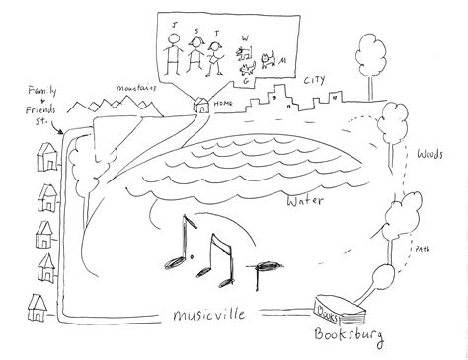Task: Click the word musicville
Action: coord(203,315)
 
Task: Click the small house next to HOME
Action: coord(203,107)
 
